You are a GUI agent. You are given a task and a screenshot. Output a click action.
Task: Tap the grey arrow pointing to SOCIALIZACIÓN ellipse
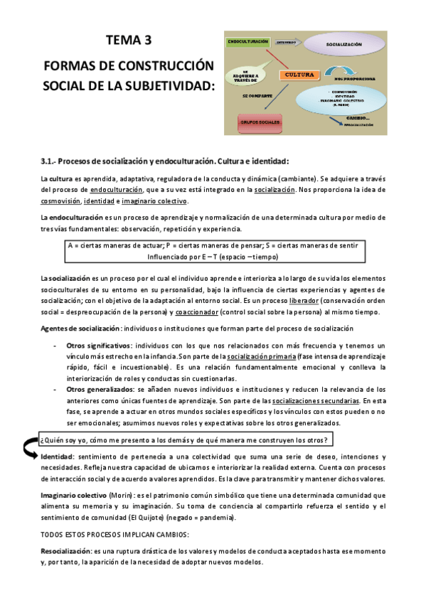(x=287, y=43)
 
